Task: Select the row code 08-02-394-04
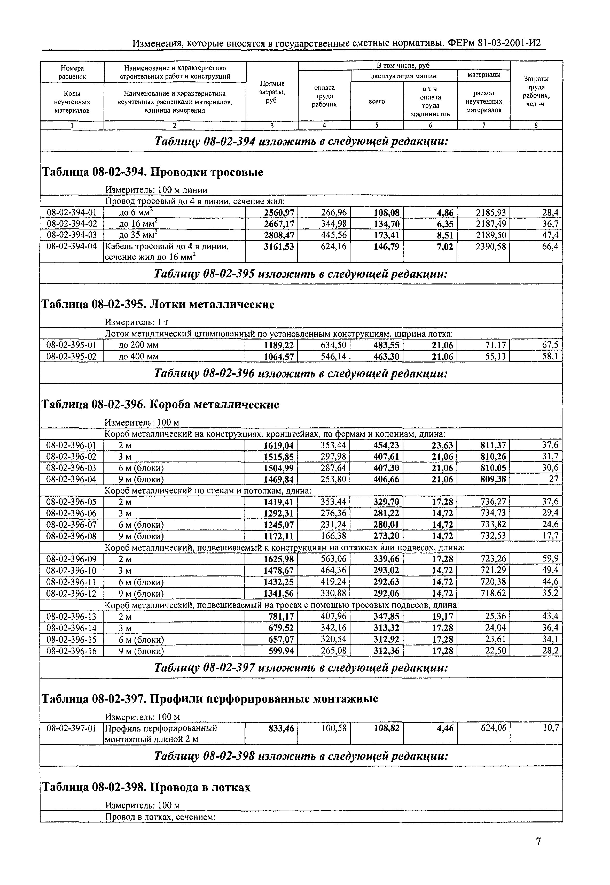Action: point(72,247)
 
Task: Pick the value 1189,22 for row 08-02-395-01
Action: point(279,345)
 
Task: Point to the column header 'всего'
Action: point(377,101)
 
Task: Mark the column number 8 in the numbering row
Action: point(536,125)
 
